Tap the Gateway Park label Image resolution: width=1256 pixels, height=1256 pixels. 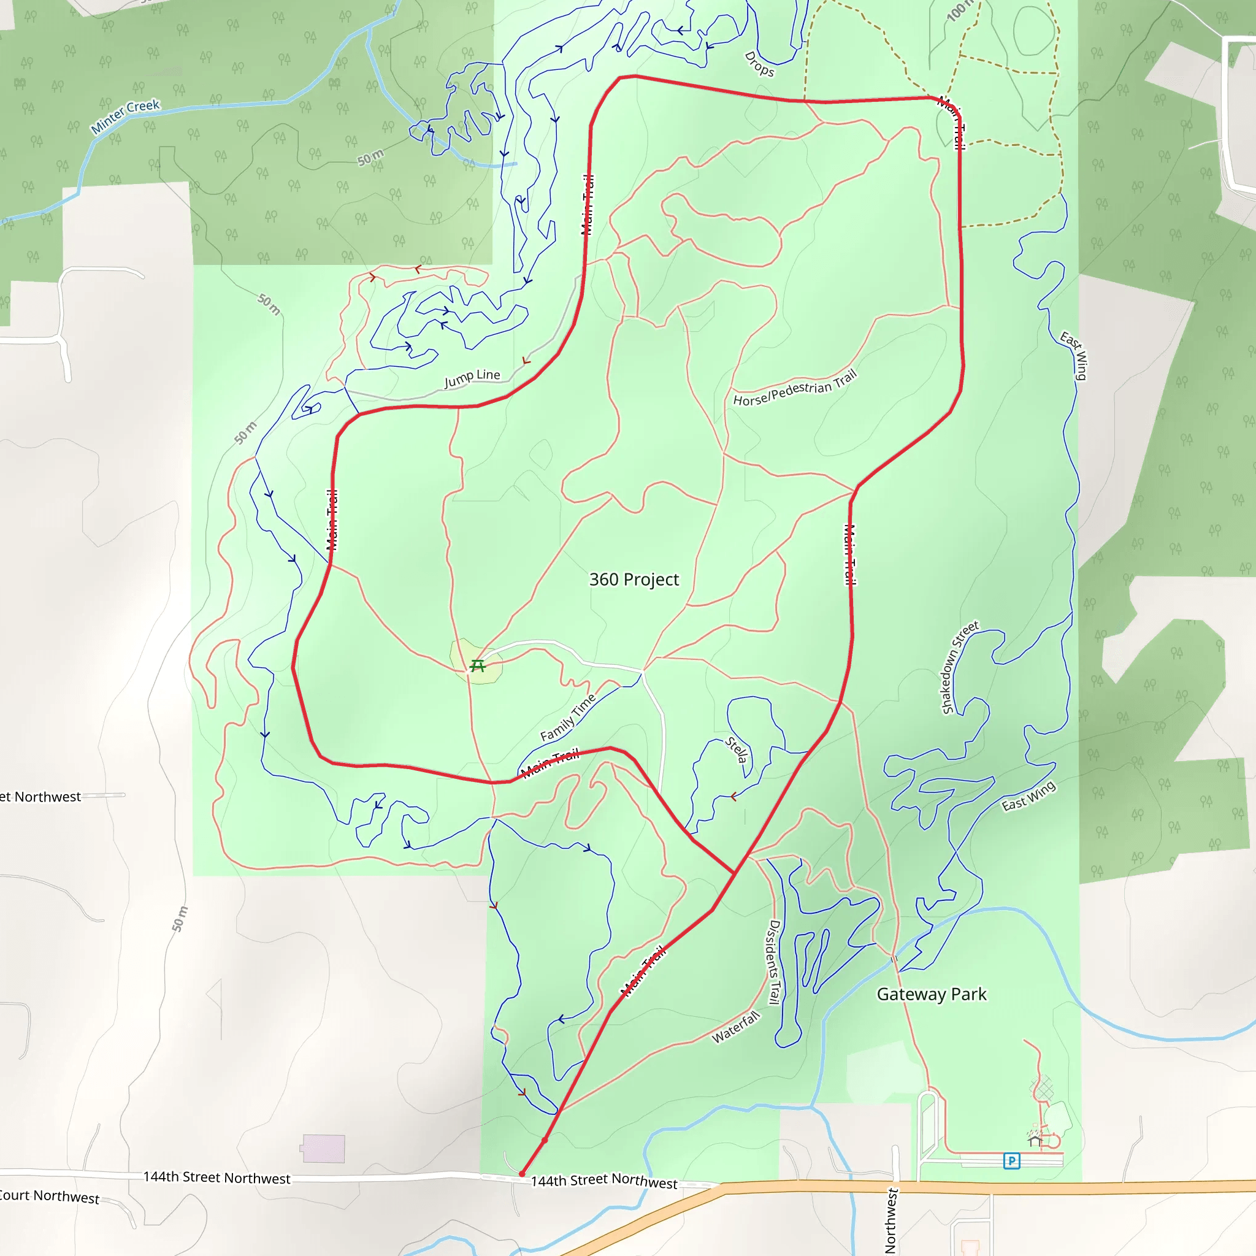(x=931, y=994)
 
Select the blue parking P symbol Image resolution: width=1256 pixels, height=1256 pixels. (x=1011, y=1160)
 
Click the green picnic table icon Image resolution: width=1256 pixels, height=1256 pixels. (x=478, y=665)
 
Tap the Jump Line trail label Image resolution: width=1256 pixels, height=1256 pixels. (x=472, y=378)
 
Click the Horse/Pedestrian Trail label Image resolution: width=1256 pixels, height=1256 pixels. (x=795, y=389)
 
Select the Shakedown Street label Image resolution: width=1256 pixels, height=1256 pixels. (x=960, y=667)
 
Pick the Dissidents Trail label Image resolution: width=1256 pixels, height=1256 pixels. (x=773, y=962)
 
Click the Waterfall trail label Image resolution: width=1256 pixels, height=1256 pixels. (x=736, y=1027)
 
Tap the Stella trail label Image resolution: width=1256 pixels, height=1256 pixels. (x=737, y=749)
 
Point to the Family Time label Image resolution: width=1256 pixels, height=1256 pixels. (x=567, y=718)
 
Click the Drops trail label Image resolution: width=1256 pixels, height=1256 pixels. (x=759, y=64)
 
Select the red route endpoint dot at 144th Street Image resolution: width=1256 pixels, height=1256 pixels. (x=521, y=1174)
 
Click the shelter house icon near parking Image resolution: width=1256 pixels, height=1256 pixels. (x=1036, y=1139)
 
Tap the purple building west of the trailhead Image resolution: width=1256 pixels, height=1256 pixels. (x=323, y=1149)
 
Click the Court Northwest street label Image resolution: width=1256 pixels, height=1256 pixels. (x=49, y=1196)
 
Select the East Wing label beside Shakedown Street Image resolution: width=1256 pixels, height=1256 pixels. (x=1028, y=795)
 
